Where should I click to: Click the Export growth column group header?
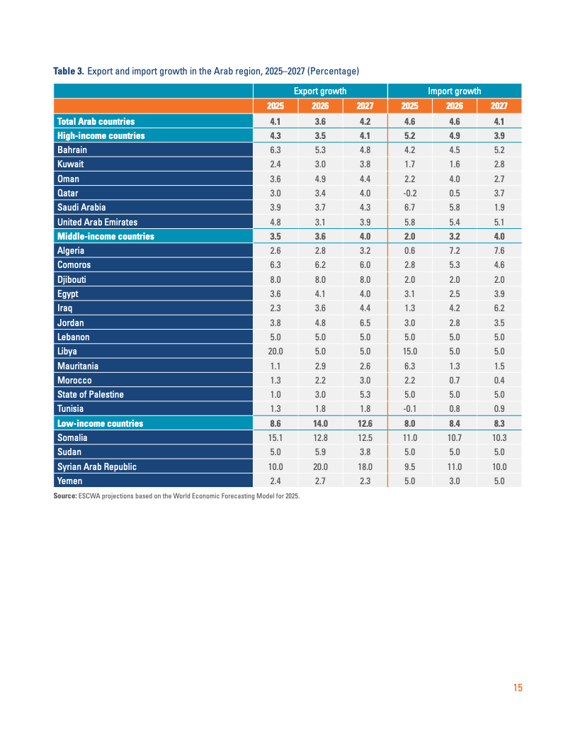pos(320,91)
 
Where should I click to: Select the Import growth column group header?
pos(454,91)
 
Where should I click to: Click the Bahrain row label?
pos(72,150)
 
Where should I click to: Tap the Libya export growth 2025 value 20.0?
pos(275,352)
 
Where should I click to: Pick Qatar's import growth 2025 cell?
pos(409,193)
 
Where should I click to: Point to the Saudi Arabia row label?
pos(81,208)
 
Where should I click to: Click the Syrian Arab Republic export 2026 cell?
pos(320,466)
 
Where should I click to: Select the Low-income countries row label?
pos(100,423)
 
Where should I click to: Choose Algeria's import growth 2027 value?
pos(499,251)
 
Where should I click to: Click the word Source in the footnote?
pos(65,496)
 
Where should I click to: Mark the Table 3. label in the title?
pos(69,72)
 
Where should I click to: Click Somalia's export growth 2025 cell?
pos(275,438)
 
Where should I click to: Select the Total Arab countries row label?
pos(96,122)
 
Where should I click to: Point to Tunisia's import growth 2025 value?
pos(409,409)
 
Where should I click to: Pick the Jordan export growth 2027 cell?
pos(365,323)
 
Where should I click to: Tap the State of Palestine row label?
pos(91,395)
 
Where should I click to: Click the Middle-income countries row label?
pos(106,236)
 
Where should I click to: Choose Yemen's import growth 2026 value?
pos(454,481)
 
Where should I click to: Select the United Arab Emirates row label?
pos(97,222)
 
